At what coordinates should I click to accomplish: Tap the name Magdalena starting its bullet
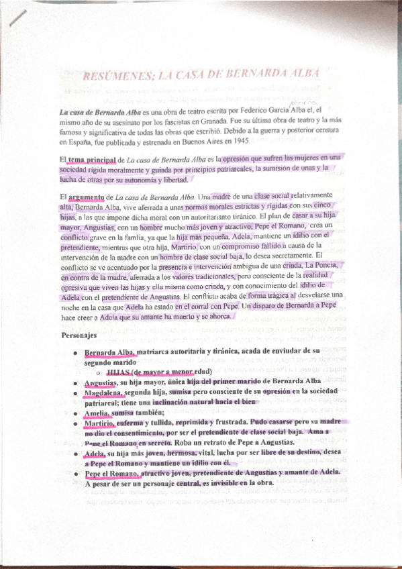pyautogui.click(x=103, y=393)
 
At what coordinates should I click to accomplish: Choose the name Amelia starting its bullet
pyautogui.click(x=97, y=413)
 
